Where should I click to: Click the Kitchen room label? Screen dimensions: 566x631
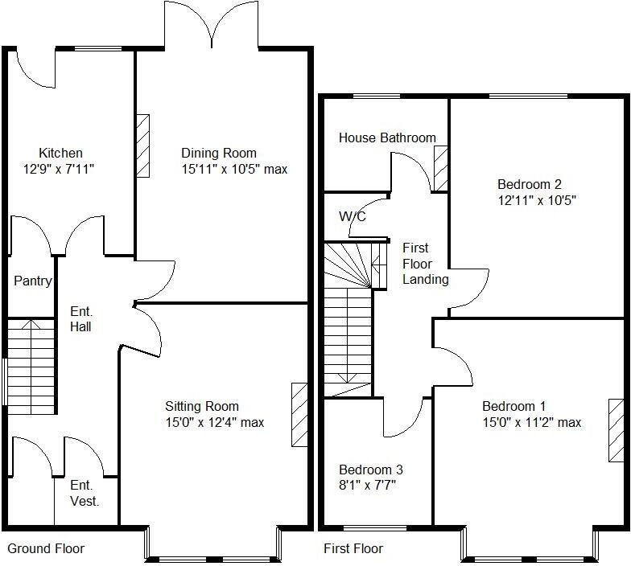(x=60, y=153)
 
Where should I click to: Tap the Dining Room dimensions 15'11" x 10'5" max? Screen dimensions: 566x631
(x=234, y=170)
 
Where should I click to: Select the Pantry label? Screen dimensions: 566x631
(x=33, y=281)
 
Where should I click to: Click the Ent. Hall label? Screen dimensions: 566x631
(x=80, y=319)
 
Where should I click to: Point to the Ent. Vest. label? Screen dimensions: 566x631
(x=85, y=493)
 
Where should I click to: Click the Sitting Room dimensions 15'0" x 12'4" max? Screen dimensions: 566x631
(x=214, y=423)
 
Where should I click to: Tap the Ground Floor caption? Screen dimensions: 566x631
(x=46, y=549)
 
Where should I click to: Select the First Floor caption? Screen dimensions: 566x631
(x=353, y=549)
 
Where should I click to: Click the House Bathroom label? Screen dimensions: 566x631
(x=387, y=138)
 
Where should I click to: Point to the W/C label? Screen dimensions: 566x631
(x=353, y=217)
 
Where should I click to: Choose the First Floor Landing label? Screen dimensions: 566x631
(x=417, y=264)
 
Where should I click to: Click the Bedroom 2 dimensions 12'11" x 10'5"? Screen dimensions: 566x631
(x=537, y=200)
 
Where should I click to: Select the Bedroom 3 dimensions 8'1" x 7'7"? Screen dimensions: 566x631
(x=367, y=486)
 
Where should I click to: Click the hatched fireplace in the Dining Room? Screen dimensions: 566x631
(x=142, y=146)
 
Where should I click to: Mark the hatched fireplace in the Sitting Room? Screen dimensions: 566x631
(x=299, y=415)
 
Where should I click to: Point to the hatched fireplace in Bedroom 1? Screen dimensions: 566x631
(x=616, y=430)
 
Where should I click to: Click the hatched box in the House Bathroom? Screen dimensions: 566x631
(x=440, y=169)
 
